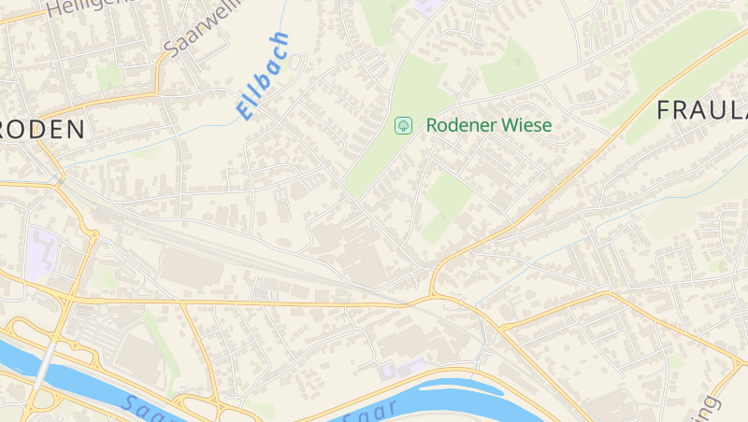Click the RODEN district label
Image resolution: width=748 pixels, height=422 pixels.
point(44,130)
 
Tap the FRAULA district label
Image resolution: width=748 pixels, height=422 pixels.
point(701,109)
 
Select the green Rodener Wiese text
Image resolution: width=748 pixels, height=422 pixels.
point(489,124)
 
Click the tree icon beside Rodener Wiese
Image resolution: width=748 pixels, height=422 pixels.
point(404,124)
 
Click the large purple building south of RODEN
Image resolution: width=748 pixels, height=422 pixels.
point(43,253)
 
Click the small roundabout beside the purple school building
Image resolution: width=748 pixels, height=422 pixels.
point(94,233)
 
